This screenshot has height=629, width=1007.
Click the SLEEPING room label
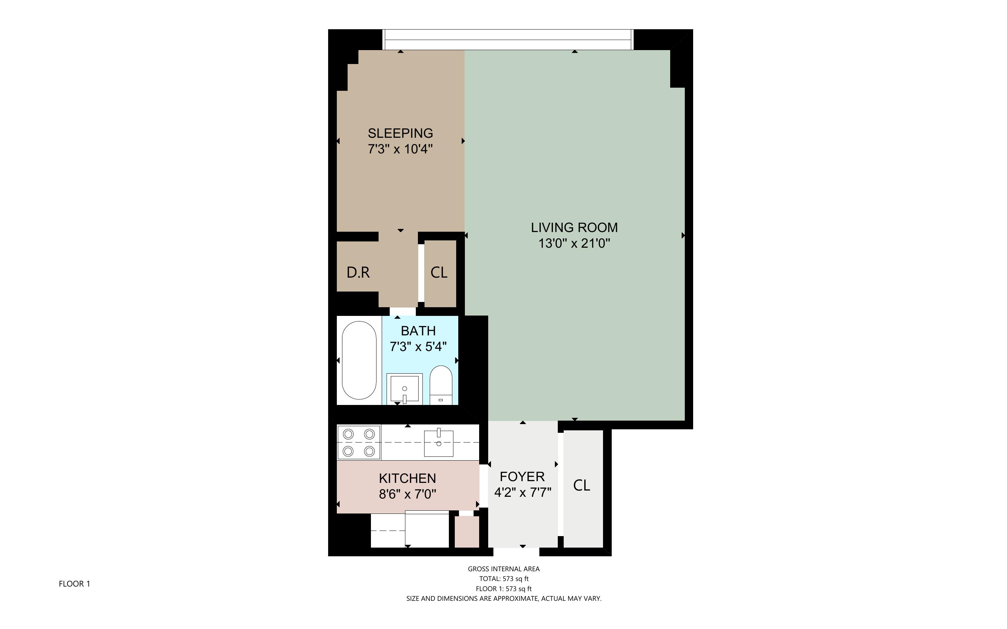[400, 133]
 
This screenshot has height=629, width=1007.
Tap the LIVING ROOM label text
[574, 228]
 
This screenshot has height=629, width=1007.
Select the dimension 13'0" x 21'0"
[574, 244]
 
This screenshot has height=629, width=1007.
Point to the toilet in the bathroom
[441, 384]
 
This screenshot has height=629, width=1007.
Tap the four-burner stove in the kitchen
[358, 443]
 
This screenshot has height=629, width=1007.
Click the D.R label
[358, 272]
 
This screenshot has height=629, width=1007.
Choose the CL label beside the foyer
[581, 485]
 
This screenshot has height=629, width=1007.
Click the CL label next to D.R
[439, 272]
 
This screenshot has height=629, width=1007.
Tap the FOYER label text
[522, 477]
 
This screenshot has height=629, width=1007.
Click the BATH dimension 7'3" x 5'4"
[418, 347]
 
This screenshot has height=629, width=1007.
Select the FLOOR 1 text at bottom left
[74, 584]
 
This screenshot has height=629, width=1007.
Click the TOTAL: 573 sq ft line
[504, 579]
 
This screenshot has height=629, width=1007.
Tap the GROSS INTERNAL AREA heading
[504, 569]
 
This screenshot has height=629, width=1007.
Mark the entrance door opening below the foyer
[516, 552]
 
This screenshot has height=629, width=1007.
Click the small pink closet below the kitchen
[467, 532]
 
